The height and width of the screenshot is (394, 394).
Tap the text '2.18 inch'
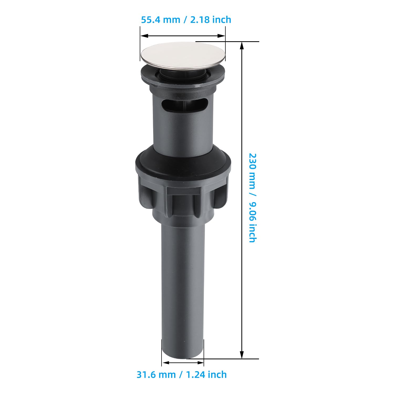(211, 20)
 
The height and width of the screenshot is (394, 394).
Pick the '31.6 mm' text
(156, 374)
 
